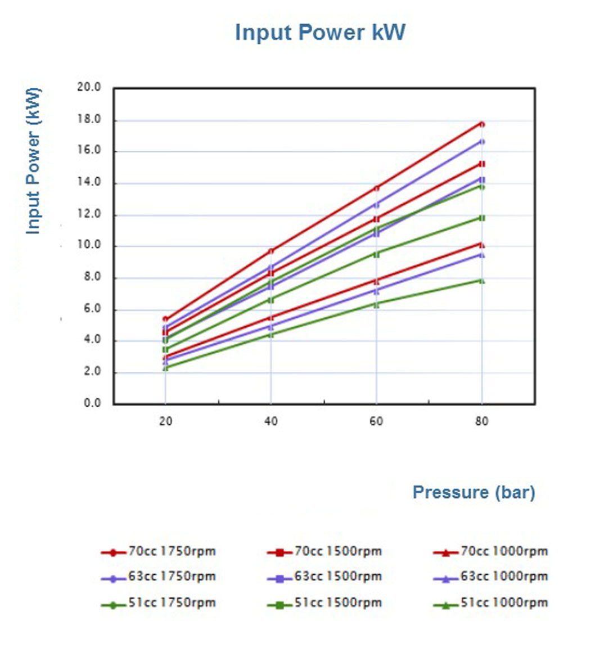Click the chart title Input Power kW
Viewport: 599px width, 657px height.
click(x=319, y=32)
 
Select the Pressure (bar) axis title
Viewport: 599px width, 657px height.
click(x=474, y=492)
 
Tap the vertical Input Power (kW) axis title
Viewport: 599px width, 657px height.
click(x=33, y=161)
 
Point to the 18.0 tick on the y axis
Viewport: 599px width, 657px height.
click(x=89, y=119)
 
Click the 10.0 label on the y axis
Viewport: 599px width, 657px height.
click(x=89, y=245)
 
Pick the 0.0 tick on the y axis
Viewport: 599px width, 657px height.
click(x=92, y=403)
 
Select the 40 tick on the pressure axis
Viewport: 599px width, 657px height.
click(x=271, y=421)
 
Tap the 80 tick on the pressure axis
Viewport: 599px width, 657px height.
click(x=481, y=421)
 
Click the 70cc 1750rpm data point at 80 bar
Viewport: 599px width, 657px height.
click(x=482, y=124)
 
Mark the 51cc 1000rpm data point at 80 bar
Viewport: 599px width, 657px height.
click(x=482, y=280)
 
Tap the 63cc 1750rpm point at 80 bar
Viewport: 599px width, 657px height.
click(x=482, y=142)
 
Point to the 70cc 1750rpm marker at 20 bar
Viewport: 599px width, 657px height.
click(x=165, y=319)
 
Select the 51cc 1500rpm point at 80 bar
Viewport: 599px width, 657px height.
click(x=482, y=218)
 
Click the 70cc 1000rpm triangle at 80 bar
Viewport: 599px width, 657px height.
click(x=482, y=245)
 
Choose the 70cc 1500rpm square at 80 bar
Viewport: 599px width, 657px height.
click(x=482, y=164)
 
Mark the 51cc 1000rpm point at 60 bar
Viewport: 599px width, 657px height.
click(x=376, y=304)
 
